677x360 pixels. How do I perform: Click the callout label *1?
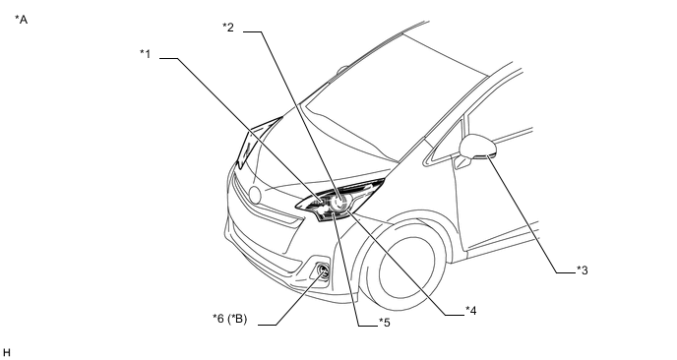(145, 54)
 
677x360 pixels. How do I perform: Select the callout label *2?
(228, 28)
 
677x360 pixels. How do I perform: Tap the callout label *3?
(582, 270)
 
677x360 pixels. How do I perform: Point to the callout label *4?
(471, 311)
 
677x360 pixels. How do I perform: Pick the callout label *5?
(385, 323)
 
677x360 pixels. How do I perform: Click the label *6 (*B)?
(229, 319)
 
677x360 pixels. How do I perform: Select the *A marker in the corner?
(22, 20)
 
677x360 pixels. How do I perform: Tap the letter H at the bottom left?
(6, 353)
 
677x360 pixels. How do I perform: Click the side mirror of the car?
(477, 147)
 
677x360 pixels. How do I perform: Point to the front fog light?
(323, 271)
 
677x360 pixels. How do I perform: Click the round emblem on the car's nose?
(255, 195)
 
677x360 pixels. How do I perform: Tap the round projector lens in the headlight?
(340, 202)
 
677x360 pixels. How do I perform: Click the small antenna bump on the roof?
(342, 68)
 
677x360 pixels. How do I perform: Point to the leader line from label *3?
(532, 214)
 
